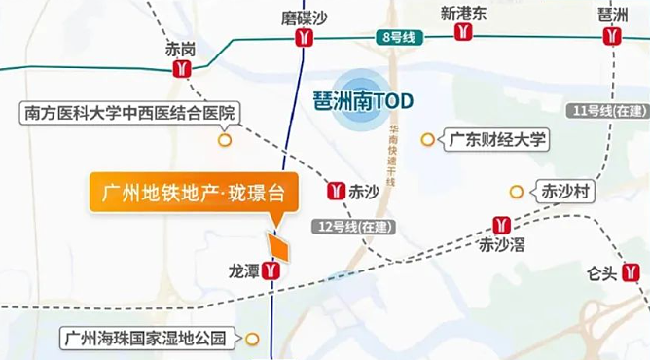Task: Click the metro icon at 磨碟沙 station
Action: tap(305, 38)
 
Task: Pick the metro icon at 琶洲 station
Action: tap(612, 38)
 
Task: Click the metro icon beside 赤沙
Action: tap(337, 191)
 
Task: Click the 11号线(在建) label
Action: tap(609, 112)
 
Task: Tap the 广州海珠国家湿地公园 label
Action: tap(145, 340)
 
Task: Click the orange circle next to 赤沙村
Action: tap(516, 192)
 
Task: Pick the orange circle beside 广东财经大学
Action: tap(426, 140)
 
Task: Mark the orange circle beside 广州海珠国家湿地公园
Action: tap(253, 340)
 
